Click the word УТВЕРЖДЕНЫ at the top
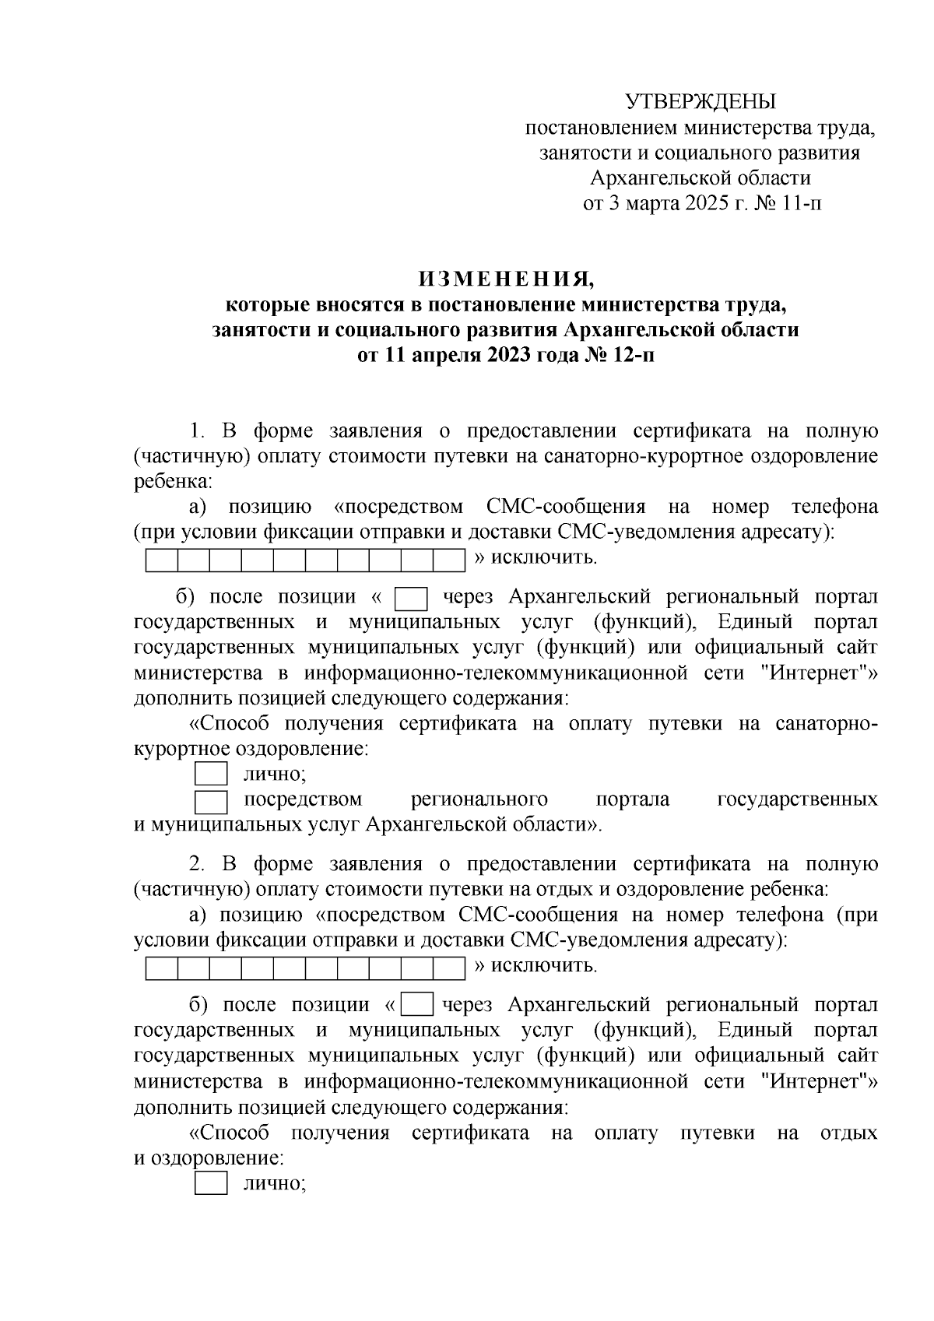click(x=701, y=102)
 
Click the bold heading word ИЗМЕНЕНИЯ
click(x=505, y=279)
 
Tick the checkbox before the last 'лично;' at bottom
click(x=210, y=1183)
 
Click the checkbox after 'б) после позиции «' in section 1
click(x=412, y=599)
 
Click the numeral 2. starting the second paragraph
click(x=197, y=864)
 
